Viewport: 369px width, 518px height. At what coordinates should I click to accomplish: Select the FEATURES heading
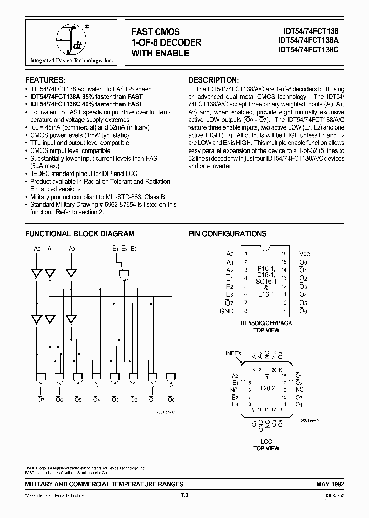pyautogui.click(x=45, y=80)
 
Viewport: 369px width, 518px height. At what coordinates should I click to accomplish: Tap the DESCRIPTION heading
pyautogui.click(x=213, y=80)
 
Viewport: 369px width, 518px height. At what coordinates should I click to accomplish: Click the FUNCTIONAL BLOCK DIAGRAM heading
pyautogui.click(x=80, y=234)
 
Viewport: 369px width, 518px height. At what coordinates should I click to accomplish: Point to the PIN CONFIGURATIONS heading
pyautogui.click(x=227, y=234)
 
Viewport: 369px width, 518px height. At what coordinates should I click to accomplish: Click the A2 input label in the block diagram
pyautogui.click(x=37, y=249)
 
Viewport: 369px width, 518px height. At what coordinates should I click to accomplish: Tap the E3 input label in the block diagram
pyautogui.click(x=133, y=249)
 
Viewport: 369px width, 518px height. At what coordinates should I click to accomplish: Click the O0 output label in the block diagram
pyautogui.click(x=171, y=399)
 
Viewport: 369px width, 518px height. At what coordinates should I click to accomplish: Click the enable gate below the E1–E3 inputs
pyautogui.click(x=124, y=276)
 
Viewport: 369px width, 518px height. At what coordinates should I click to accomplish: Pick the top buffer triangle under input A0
pyautogui.click(x=72, y=272)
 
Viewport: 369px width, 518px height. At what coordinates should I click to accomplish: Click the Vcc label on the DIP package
pyautogui.click(x=304, y=254)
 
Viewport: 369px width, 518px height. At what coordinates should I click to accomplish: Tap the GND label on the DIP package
pyautogui.click(x=226, y=311)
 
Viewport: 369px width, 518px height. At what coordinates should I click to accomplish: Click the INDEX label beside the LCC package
pyautogui.click(x=233, y=353)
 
